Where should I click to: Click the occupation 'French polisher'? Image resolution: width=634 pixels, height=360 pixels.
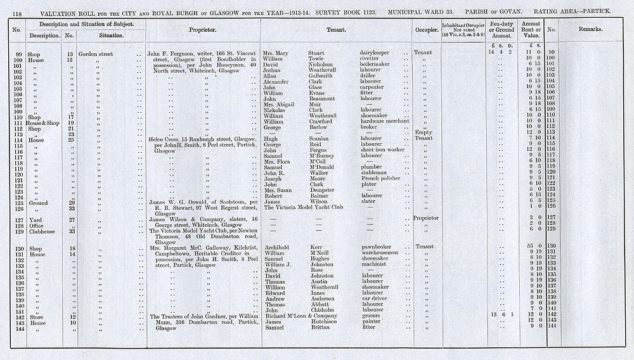[x=381, y=178]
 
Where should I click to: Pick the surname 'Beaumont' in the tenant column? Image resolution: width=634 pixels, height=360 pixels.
[x=323, y=98]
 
